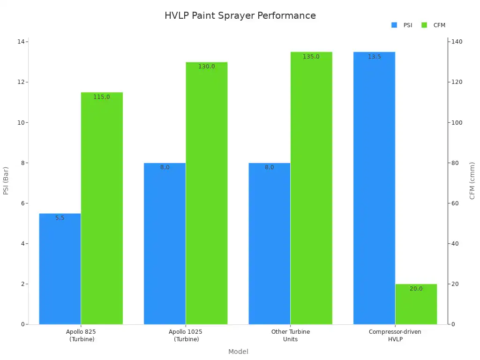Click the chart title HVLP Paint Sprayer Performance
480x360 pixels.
[240, 15]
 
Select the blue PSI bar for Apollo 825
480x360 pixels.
[60, 269]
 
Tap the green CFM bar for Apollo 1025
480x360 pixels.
[207, 193]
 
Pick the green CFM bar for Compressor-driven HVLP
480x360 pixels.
[416, 304]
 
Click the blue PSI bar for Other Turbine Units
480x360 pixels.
[269, 244]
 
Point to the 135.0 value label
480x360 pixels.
[311, 57]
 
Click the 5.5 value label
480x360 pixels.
[60, 218]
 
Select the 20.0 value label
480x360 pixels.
[416, 289]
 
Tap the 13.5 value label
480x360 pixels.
[374, 57]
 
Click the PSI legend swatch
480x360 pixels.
[394, 25]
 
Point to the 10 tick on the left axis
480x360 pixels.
[21, 123]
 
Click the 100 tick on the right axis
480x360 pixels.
[457, 123]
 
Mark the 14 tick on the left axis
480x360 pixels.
[21, 42]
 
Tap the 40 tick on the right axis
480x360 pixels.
[455, 244]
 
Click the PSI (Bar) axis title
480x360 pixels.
[6, 180]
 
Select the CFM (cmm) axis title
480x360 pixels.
[472, 180]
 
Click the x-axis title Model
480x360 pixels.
[238, 352]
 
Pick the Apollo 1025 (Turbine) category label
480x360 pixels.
[186, 335]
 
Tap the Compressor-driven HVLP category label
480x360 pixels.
[395, 335]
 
